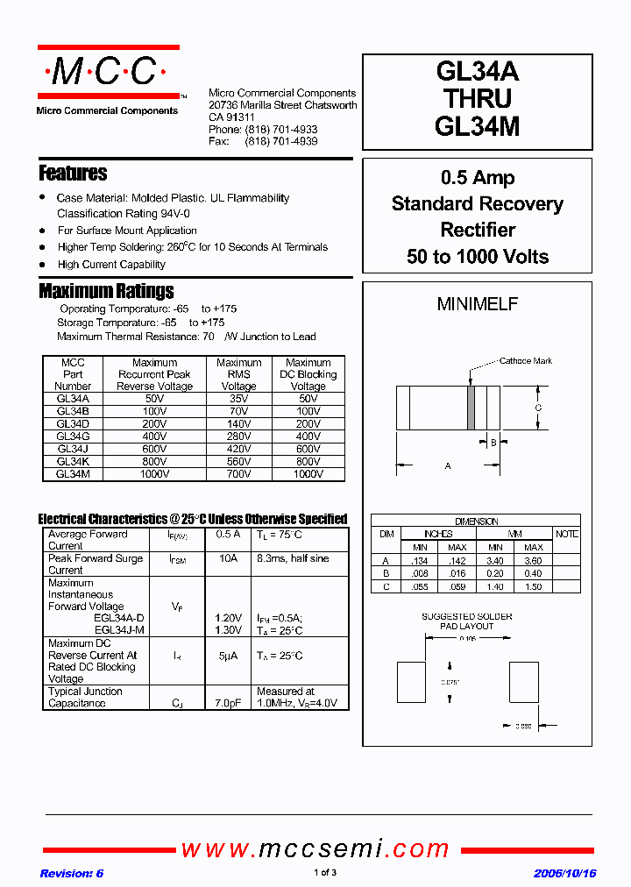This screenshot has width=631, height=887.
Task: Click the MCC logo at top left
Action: (x=108, y=72)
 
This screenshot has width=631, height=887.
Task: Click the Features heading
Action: (x=73, y=173)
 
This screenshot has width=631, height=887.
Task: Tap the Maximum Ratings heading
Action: (x=106, y=291)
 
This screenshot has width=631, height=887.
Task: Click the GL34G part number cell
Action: (x=73, y=436)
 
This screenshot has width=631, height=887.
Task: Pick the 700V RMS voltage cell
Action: (x=238, y=473)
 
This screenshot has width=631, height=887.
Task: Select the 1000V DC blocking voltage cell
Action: (x=308, y=473)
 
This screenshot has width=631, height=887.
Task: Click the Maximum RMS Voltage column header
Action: (x=238, y=374)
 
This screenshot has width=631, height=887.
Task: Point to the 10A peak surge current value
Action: (x=228, y=558)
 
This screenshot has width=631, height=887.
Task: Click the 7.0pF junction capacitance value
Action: (x=228, y=703)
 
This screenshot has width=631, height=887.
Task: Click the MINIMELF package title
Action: (x=478, y=304)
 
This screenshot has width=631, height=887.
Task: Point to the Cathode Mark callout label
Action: (x=525, y=361)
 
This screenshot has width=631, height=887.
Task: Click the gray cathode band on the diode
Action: (x=471, y=408)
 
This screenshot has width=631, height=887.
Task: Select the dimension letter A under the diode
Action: (x=448, y=466)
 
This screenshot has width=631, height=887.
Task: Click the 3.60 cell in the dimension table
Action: (x=533, y=560)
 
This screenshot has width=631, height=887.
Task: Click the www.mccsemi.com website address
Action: (x=315, y=848)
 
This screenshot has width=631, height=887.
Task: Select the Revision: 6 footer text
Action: (x=72, y=873)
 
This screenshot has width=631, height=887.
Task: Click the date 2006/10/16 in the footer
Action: (x=564, y=873)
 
